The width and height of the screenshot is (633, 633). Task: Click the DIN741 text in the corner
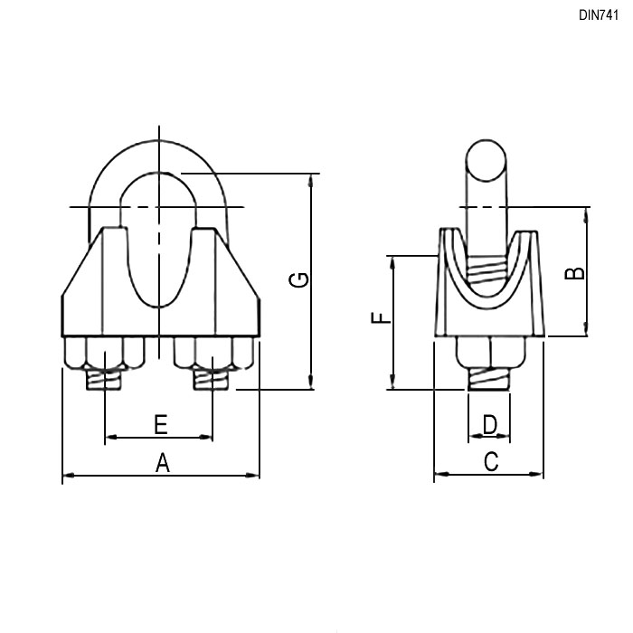coord(599,15)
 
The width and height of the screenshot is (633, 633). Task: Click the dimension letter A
coord(162,463)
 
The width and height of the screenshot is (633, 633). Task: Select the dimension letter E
coord(161,425)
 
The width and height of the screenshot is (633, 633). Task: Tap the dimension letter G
coord(299,279)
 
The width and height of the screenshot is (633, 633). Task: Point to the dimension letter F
coord(381,317)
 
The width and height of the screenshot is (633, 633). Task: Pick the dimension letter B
coord(574,273)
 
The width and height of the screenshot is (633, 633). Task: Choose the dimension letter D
coord(490,425)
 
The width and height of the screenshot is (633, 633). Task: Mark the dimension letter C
coord(491,462)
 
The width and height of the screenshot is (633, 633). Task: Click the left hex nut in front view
coord(105,354)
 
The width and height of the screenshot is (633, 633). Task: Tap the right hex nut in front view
coord(213,354)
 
